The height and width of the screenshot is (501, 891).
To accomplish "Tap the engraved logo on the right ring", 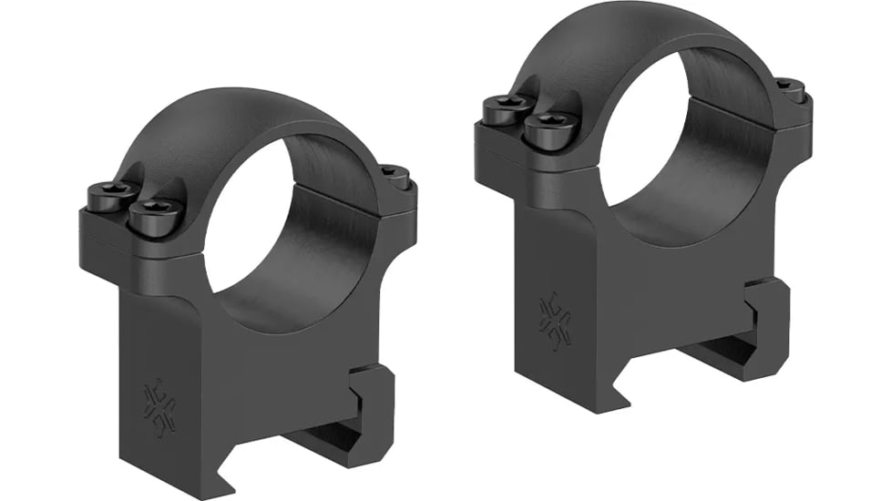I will tap(554, 321).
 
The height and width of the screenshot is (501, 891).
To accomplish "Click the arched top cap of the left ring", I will tap(246, 118).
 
